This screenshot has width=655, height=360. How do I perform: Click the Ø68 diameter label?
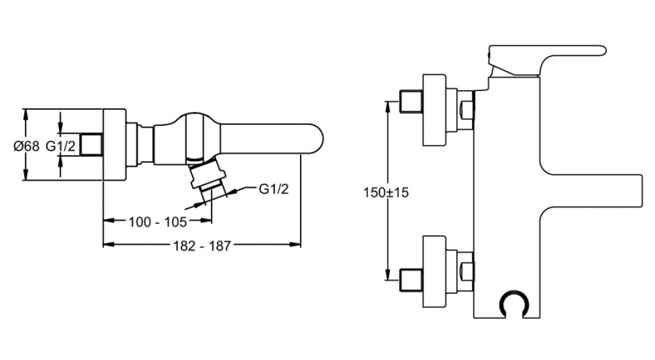pos(27,146)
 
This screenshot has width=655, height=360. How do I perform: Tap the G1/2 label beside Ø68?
pos(61,146)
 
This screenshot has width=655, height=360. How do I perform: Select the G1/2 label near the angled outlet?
pos(274,189)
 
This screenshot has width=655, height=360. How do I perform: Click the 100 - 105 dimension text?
pos(157,222)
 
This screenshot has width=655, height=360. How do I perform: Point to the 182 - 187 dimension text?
pos(202,246)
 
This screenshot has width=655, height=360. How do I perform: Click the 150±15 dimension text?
pos(386,192)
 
